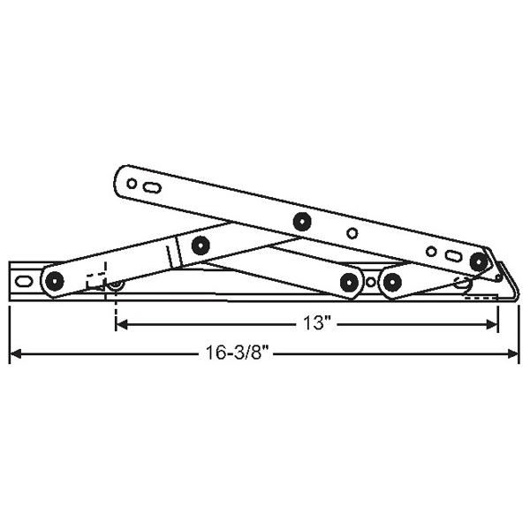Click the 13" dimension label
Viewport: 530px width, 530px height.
tap(315, 324)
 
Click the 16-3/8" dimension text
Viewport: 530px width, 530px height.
tap(231, 354)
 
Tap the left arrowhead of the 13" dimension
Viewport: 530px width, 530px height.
tap(121, 324)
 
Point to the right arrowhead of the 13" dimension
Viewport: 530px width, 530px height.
tap(494, 324)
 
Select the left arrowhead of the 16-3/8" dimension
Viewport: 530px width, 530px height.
tap(15, 354)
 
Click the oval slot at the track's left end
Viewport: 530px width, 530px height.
tap(24, 282)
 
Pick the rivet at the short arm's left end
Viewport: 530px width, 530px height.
tap(55, 282)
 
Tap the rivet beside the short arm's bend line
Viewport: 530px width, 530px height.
tap(200, 246)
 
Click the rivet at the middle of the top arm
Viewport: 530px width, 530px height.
tap(302, 221)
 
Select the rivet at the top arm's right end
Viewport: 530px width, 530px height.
tap(479, 261)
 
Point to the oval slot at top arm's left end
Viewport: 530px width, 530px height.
tap(153, 188)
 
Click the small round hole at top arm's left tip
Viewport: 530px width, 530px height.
tap(132, 184)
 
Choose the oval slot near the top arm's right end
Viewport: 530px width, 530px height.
tap(452, 256)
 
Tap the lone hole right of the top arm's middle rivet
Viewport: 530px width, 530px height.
tap(352, 234)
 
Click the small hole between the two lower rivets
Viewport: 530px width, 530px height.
tap(371, 282)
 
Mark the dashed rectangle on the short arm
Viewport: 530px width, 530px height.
tap(95, 275)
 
